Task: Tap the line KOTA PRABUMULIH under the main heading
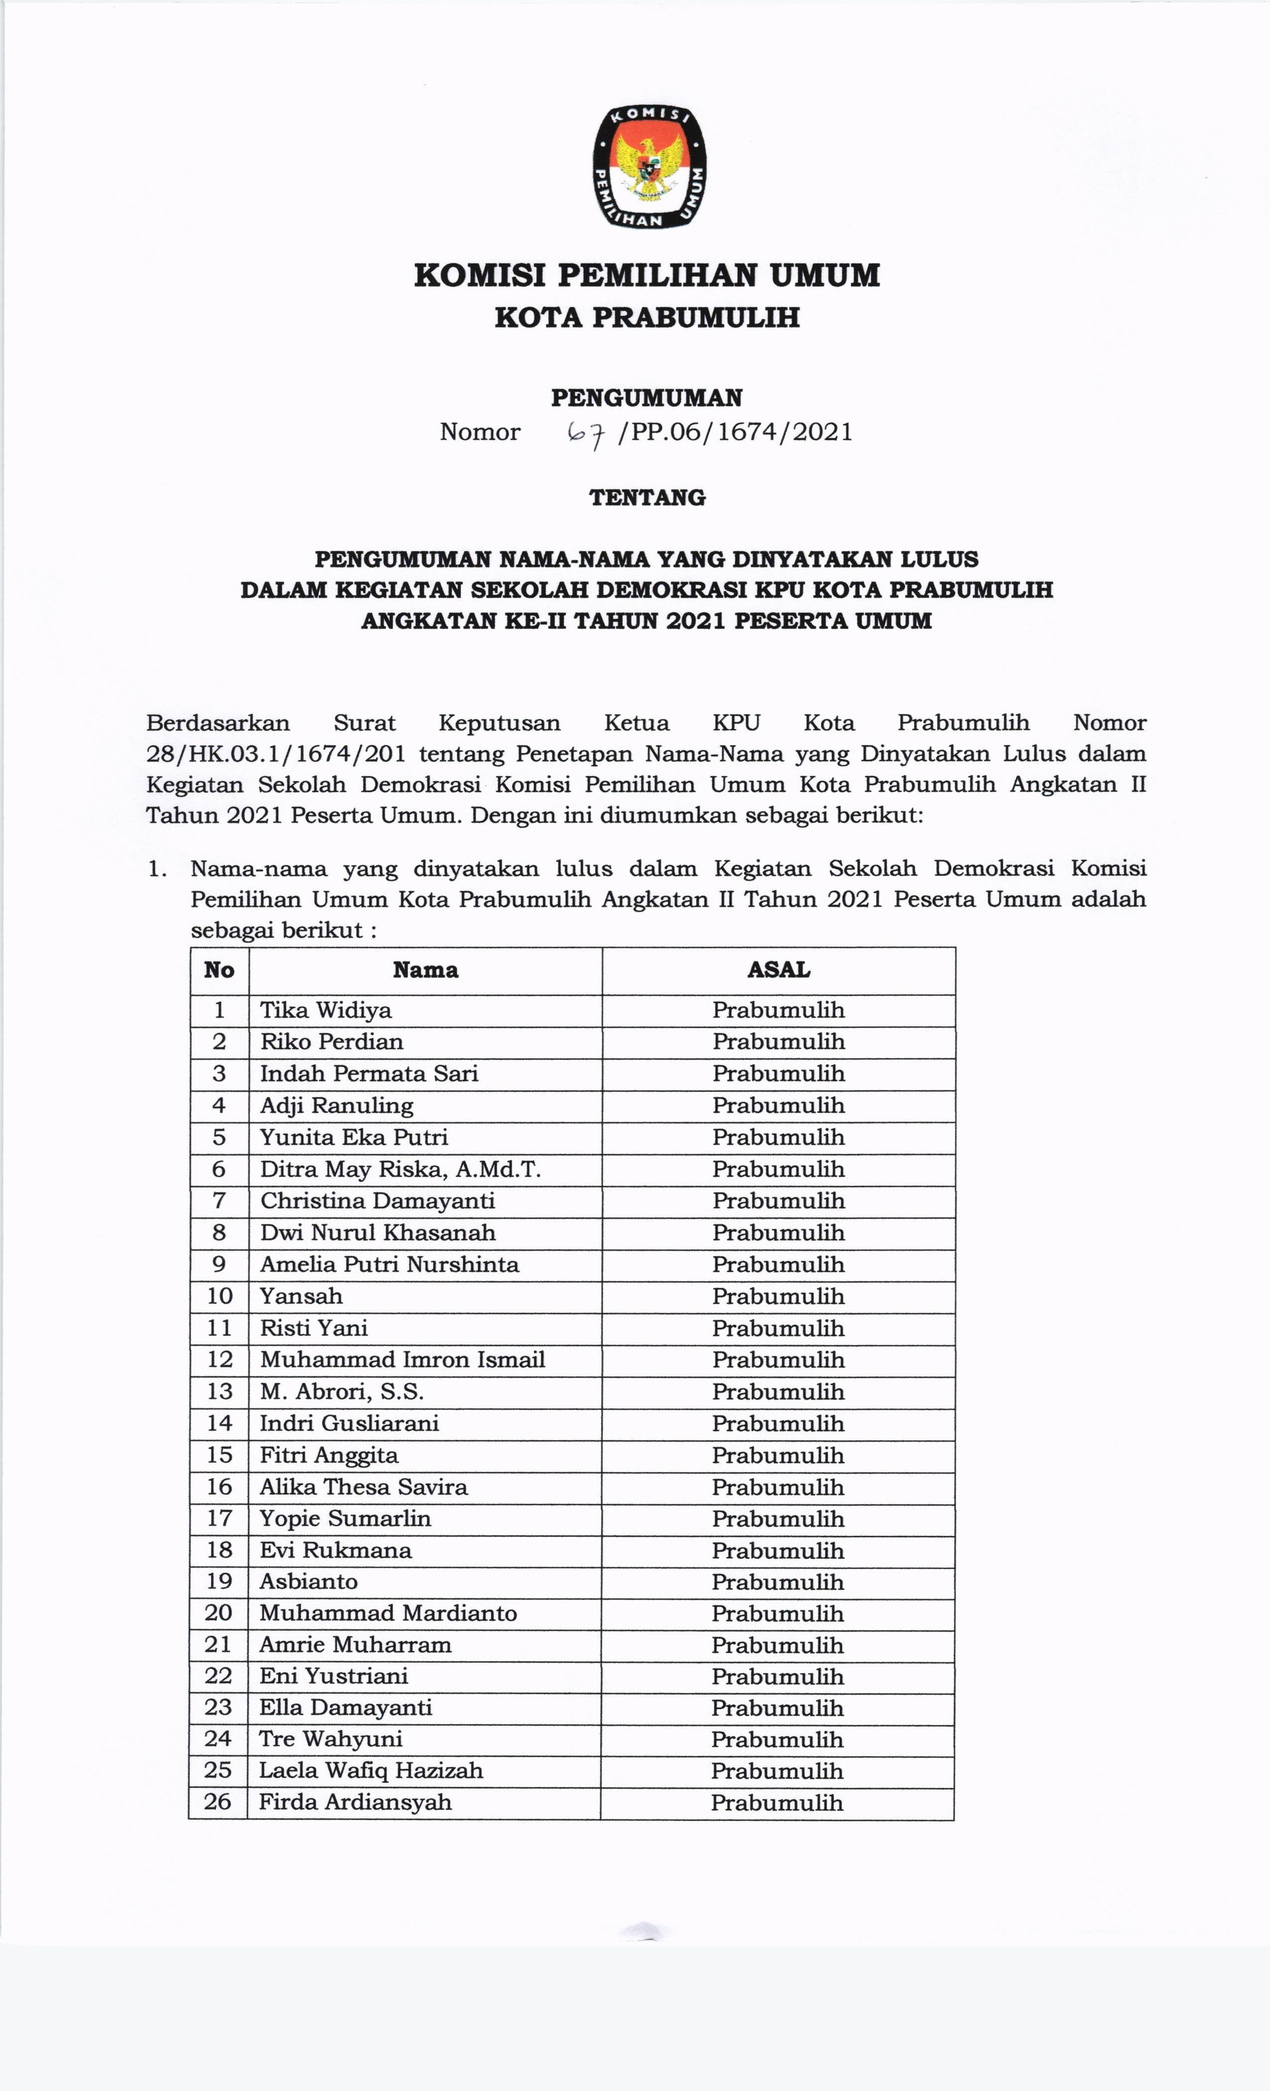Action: tap(647, 318)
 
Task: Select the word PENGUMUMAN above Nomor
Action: tap(647, 397)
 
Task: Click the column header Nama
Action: tap(425, 970)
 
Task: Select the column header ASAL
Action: tap(778, 970)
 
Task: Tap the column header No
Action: tap(219, 970)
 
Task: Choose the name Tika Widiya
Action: tap(326, 1010)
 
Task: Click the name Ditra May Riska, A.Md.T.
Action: tap(401, 1169)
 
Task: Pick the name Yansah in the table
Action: tap(301, 1296)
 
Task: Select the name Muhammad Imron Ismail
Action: tap(402, 1360)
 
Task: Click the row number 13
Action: tap(219, 1392)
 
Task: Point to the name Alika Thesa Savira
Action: tap(364, 1487)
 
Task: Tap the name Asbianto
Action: tap(309, 1581)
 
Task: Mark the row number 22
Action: tap(218, 1676)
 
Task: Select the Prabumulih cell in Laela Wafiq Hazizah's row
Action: tap(777, 1771)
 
